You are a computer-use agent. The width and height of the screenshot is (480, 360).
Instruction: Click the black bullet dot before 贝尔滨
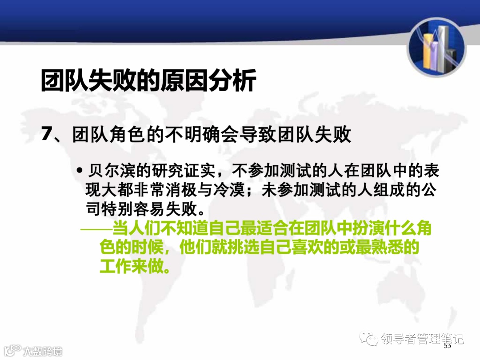80,171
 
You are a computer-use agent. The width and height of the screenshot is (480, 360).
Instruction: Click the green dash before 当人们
96,229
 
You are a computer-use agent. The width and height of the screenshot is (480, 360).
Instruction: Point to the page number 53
448,346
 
